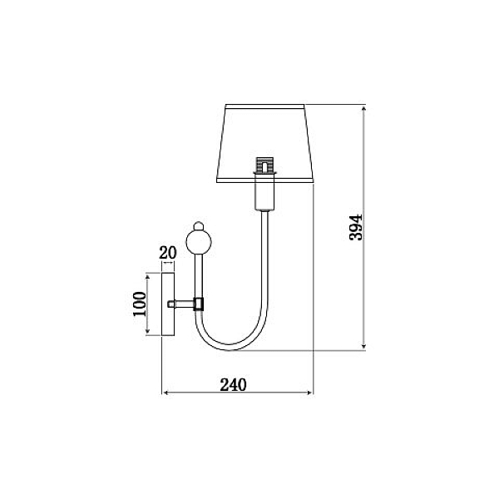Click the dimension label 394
(356, 227)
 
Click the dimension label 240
(233, 384)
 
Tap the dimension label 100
(140, 304)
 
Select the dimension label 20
(168, 253)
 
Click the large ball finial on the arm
(199, 242)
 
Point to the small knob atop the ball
(199, 225)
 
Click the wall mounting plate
(168, 304)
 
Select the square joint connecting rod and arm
(199, 304)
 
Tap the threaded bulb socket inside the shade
(264, 165)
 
